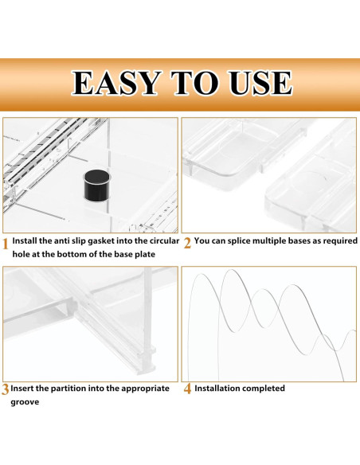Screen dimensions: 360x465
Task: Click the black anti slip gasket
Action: pos(97,185)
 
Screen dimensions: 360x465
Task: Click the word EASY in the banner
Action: pos(116,83)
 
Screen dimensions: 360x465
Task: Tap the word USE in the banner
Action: pos(260,83)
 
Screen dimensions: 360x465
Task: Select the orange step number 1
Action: pos(5,244)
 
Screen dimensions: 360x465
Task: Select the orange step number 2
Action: pos(187,244)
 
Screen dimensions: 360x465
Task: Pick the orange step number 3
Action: pos(5,389)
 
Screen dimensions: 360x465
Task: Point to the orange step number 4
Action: pos(187,389)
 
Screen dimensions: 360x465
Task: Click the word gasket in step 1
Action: pos(101,241)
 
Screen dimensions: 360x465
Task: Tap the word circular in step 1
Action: pos(164,240)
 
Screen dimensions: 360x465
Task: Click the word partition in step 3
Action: pos(68,389)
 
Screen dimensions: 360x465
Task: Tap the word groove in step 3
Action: pos(25,403)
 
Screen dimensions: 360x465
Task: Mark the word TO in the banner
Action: pos(194,83)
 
